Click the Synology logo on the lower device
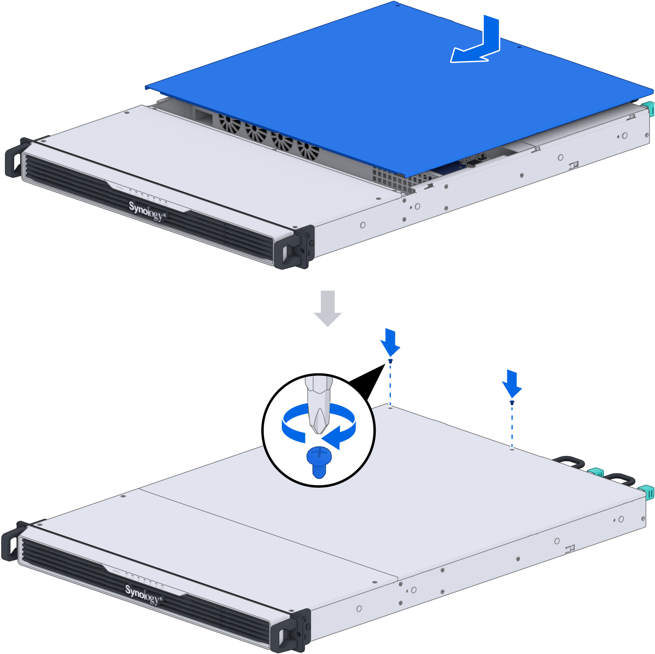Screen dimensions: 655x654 (x=144, y=594)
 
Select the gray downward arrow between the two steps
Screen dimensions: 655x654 (x=327, y=308)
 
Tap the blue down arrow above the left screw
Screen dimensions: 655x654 (x=390, y=342)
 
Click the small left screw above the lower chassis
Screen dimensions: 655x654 (x=390, y=361)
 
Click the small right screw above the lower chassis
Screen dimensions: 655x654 (x=512, y=403)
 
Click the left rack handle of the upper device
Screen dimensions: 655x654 (x=16, y=157)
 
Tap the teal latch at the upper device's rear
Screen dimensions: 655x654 (x=649, y=109)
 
